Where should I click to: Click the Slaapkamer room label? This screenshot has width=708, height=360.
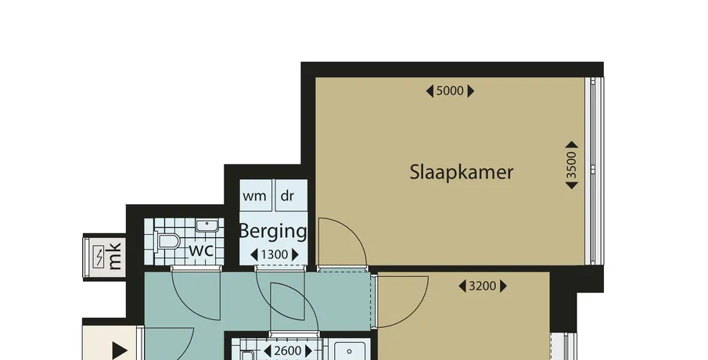(462, 172)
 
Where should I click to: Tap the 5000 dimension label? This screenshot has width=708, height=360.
(450, 92)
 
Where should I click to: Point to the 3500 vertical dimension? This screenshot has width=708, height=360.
(572, 165)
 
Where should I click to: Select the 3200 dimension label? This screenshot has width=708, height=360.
(483, 286)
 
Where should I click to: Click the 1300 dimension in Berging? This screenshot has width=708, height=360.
(275, 255)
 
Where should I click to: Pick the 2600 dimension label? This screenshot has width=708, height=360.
(288, 351)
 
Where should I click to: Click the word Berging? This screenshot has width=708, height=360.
(273, 232)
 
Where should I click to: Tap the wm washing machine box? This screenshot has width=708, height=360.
(256, 195)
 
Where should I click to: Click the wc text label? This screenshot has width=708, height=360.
(201, 250)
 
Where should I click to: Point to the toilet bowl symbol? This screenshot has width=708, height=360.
(166, 242)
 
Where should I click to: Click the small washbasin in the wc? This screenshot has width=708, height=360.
(207, 225)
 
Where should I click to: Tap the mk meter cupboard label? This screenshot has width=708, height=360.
(115, 256)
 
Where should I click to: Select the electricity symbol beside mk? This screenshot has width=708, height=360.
(99, 257)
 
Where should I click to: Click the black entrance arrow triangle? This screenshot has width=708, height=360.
(119, 351)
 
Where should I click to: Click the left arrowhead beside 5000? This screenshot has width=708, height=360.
(429, 92)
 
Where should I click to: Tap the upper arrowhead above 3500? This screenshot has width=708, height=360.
(572, 145)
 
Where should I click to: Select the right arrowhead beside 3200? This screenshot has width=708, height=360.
(504, 286)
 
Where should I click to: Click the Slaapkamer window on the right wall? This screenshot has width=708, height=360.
(595, 171)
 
